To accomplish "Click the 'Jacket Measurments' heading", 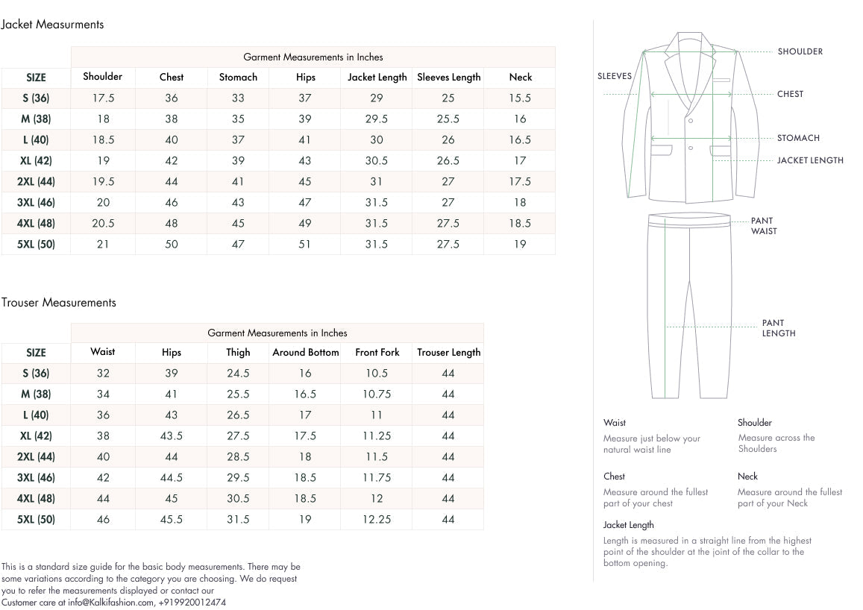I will [x=52, y=25].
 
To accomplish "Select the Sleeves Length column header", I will [x=448, y=77].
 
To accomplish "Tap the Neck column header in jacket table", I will [x=520, y=77].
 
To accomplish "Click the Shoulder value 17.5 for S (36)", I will [x=103, y=98].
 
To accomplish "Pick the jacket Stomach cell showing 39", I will [x=238, y=160].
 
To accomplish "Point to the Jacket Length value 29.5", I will [x=377, y=119].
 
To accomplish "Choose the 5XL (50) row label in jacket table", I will [x=36, y=244].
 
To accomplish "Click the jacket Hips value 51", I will [x=305, y=244].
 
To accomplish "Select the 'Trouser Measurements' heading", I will [x=59, y=303].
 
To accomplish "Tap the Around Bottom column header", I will [x=305, y=352].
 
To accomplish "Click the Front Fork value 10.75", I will [x=377, y=394].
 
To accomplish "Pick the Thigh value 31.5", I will [x=238, y=519].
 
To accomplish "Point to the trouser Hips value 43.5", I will [x=171, y=436].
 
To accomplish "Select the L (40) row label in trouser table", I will [x=36, y=415].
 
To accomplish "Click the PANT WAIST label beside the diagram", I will [x=763, y=226].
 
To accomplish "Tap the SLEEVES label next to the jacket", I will [x=614, y=76].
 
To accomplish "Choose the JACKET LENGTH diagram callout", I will [x=810, y=160].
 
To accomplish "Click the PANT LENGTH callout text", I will [x=778, y=328].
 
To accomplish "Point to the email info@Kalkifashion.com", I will [x=111, y=602].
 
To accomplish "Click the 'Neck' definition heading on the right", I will [x=747, y=477].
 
